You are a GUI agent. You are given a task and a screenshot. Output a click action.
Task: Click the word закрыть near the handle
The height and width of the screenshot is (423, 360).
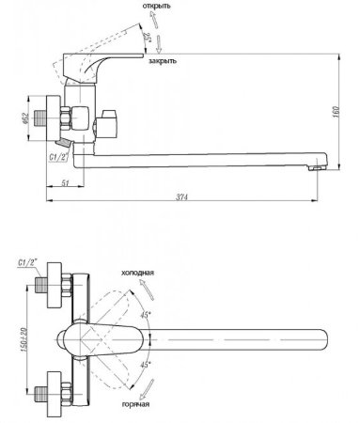pyautogui.click(x=163, y=60)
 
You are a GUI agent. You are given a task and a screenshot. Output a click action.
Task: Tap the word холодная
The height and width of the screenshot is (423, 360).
pyautogui.click(x=137, y=271)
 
